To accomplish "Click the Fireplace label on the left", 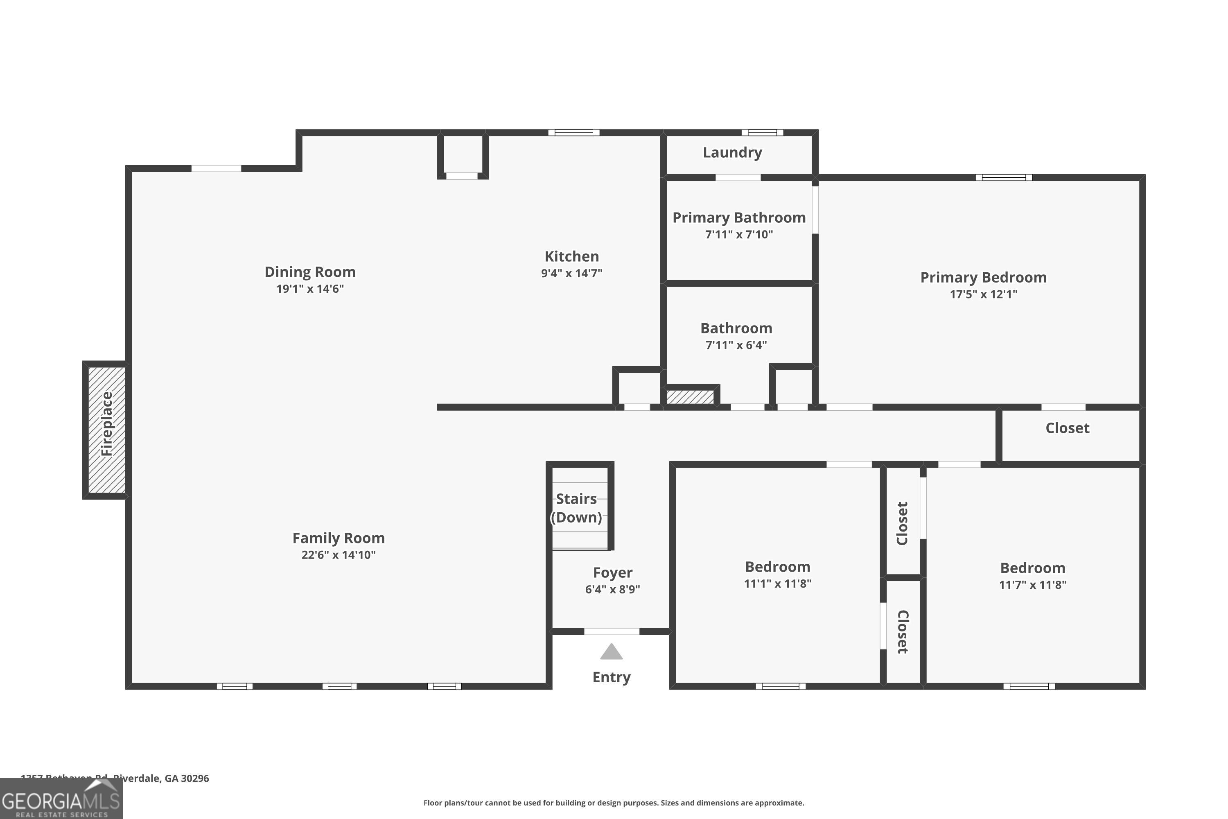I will [x=106, y=424].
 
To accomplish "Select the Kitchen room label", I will [x=572, y=256].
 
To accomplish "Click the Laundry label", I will [x=732, y=152].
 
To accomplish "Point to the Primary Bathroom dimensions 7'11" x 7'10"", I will [x=739, y=235].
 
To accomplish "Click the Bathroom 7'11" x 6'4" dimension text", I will [x=736, y=345].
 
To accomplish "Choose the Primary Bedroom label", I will [x=983, y=277].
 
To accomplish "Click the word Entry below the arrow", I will [x=612, y=677].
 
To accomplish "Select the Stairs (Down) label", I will [x=576, y=508].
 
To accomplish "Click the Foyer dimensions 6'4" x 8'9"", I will [x=612, y=590].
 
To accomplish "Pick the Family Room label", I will [x=339, y=538].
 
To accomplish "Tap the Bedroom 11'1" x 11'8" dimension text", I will [x=777, y=584].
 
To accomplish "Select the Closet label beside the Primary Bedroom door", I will [x=1067, y=428].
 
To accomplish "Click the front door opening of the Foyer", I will [x=612, y=631].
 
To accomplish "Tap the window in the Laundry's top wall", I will [x=762, y=133].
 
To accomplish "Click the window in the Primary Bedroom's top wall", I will [x=1004, y=178].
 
